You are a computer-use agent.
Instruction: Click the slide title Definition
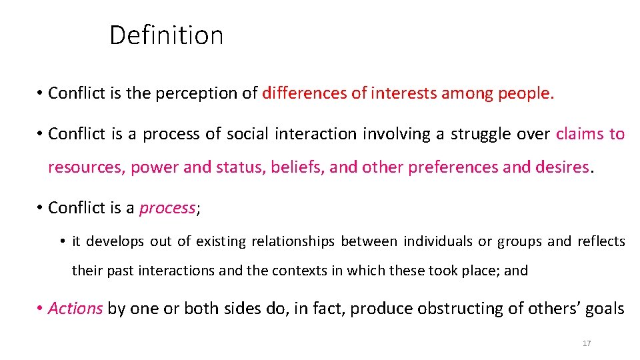[166, 35]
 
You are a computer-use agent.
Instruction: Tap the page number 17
[587, 343]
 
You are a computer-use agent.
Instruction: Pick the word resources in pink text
[85, 167]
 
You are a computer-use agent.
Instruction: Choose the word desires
[563, 167]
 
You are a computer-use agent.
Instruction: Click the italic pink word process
[167, 208]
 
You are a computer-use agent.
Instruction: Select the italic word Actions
[75, 309]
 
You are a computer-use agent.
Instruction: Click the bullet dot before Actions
[41, 309]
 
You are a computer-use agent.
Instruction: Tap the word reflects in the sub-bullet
[601, 241]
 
